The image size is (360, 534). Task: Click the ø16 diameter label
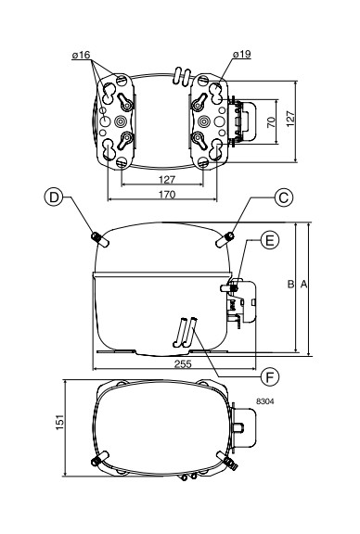coord(81,55)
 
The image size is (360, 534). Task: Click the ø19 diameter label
coord(242,54)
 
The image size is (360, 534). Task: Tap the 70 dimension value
coord(271,121)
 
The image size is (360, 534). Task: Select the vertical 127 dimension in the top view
coord(290,119)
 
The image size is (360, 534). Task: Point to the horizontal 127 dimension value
coord(167,179)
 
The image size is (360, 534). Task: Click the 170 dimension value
coord(167,195)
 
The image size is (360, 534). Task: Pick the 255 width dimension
coord(183,364)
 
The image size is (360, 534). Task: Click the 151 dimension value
coord(59,422)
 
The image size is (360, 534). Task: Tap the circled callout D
coord(54,197)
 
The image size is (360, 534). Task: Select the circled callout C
coord(284,197)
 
